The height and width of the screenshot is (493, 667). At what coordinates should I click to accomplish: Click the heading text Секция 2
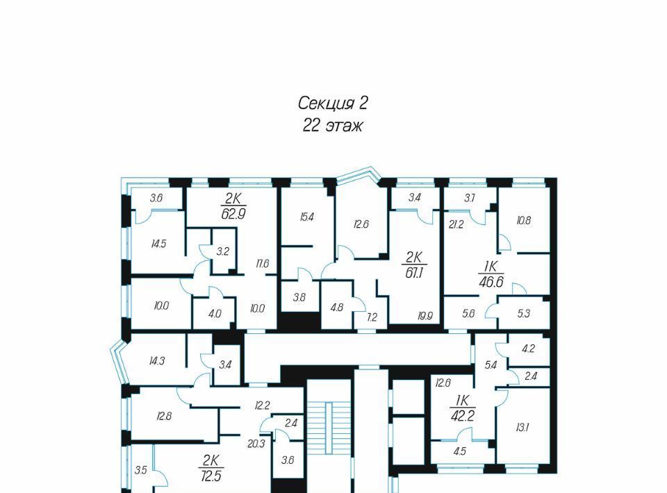(332, 103)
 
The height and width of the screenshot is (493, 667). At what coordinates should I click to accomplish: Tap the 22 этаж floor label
(332, 126)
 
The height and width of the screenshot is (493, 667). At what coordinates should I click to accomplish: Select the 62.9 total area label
(233, 213)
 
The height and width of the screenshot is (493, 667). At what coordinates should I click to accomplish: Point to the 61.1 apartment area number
(414, 272)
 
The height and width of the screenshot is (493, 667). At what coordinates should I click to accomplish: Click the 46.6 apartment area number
(491, 282)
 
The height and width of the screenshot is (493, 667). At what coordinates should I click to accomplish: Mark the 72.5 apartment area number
(211, 476)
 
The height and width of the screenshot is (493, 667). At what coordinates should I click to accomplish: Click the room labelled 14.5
(158, 244)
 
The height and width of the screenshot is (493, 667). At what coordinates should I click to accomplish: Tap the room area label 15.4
(306, 217)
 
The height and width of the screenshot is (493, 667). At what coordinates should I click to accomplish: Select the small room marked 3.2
(223, 251)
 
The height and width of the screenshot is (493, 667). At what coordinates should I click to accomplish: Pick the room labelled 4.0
(215, 314)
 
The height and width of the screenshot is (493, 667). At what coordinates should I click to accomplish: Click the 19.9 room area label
(425, 316)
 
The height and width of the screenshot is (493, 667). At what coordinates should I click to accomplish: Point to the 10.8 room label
(524, 220)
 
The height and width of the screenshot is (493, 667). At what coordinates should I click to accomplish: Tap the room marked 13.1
(522, 428)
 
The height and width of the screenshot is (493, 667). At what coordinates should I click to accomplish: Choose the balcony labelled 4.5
(460, 451)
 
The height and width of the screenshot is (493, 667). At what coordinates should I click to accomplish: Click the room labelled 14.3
(157, 361)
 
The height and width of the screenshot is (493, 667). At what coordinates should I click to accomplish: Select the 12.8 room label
(164, 416)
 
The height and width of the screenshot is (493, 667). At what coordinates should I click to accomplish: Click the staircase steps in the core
(329, 428)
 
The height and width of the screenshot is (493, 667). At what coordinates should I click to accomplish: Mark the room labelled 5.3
(524, 313)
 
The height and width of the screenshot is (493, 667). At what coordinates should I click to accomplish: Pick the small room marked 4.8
(337, 307)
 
